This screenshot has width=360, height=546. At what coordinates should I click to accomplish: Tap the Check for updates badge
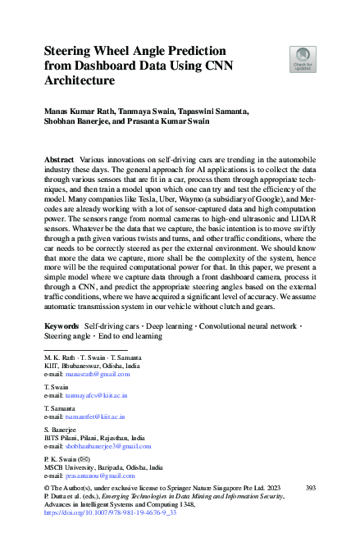click(x=303, y=60)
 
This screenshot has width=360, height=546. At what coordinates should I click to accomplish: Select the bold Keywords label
click(x=61, y=349)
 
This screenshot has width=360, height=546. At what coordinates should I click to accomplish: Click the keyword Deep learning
click(x=179, y=349)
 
